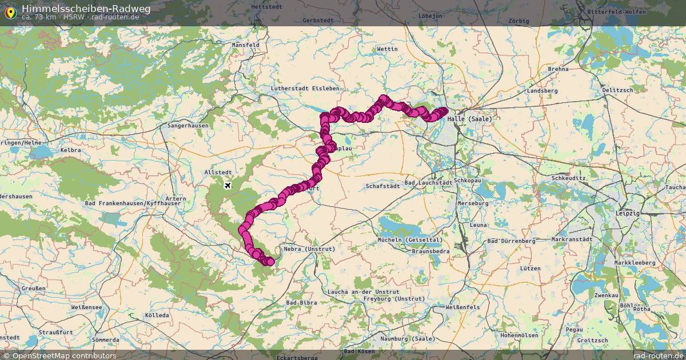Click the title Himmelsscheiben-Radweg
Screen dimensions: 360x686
point(78,8)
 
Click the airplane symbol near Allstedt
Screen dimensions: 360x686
point(228,186)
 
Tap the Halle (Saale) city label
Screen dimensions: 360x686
point(469,119)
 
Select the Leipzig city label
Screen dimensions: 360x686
point(627,213)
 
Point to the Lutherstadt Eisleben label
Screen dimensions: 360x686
point(305,89)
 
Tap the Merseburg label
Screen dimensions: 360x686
point(473,203)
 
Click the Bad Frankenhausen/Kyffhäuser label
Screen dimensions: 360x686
point(133,203)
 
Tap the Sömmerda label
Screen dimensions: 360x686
point(105,339)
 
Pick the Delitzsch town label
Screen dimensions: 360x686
point(617,90)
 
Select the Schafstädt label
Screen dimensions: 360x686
point(383,186)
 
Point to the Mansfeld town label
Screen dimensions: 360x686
point(246,45)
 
